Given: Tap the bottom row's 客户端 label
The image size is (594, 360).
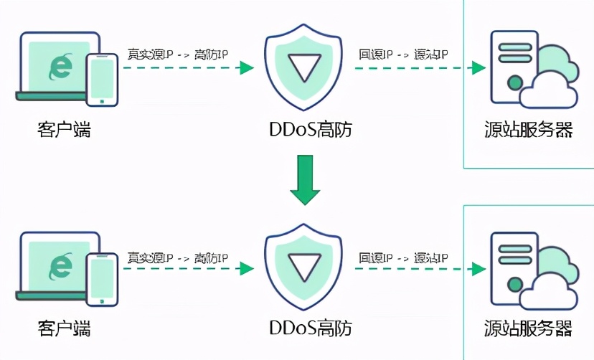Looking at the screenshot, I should [x=64, y=329].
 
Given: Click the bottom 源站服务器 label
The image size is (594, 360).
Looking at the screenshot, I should [x=529, y=329].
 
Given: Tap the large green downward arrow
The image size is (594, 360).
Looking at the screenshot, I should [x=304, y=181].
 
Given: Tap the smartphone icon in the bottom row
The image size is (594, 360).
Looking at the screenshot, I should [x=102, y=278].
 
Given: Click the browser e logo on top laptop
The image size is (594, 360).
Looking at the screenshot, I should [x=59, y=67].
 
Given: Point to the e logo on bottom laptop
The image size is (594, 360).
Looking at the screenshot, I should [x=59, y=267].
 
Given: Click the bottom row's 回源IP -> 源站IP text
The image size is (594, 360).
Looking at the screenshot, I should [x=404, y=257].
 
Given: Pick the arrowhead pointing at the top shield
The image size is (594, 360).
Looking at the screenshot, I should [x=247, y=68].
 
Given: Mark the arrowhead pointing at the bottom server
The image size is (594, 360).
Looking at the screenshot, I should [x=477, y=268].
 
